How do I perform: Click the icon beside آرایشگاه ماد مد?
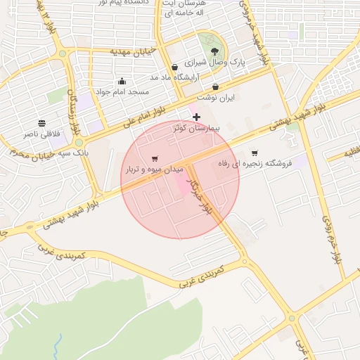174,67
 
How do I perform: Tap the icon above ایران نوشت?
215,86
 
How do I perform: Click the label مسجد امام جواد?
122,91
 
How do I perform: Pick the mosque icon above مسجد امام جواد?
122,81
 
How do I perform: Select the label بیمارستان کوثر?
197,129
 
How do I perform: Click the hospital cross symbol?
196,117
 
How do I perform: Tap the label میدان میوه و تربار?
155,169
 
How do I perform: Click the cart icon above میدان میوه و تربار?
155,159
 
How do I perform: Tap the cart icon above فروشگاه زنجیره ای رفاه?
255,153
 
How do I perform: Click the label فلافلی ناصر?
42,134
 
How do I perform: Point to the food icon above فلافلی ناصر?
42,123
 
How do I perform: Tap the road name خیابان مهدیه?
110,52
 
